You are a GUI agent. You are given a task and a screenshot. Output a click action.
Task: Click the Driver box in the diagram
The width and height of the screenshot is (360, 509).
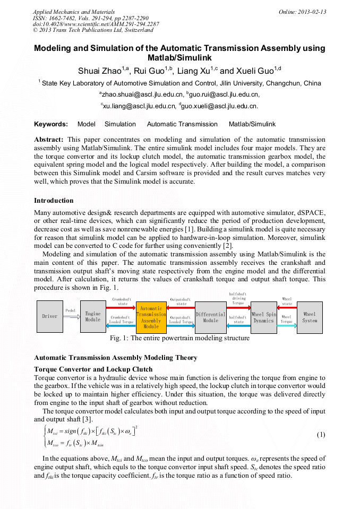[x=50, y=316]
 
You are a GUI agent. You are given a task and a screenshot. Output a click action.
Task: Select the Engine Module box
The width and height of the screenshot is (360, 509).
[x=93, y=316]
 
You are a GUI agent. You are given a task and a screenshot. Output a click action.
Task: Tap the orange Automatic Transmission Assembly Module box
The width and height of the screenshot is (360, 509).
[x=151, y=316]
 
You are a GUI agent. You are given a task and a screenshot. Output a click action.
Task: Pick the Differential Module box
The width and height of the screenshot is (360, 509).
[x=211, y=317]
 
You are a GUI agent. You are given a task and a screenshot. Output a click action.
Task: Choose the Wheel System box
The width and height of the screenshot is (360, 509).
[x=310, y=317]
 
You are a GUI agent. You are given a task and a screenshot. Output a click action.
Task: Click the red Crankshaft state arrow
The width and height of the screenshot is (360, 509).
[x=121, y=307]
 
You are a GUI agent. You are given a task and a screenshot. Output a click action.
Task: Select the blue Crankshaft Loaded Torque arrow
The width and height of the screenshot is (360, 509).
[x=121, y=325]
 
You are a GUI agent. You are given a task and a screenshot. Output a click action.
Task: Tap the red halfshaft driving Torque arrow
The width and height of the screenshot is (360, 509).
[x=238, y=307]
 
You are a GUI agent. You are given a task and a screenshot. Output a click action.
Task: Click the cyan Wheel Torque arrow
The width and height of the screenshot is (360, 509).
[x=287, y=325]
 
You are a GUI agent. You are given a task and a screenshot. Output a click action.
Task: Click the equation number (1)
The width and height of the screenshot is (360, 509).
[x=321, y=435]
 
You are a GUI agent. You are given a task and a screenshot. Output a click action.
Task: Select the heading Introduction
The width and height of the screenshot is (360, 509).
[x=54, y=201]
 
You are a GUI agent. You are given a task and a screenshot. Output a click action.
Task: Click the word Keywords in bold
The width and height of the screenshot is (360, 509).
[x=51, y=124]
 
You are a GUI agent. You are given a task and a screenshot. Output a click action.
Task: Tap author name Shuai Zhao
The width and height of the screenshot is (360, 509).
[x=101, y=70]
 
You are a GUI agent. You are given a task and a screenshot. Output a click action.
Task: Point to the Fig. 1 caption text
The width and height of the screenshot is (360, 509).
[x=179, y=338]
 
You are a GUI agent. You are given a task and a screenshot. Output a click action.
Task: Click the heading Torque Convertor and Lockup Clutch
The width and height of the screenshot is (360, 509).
[x=93, y=369]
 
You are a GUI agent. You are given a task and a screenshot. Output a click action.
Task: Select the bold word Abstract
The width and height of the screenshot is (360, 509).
[x=49, y=139]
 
